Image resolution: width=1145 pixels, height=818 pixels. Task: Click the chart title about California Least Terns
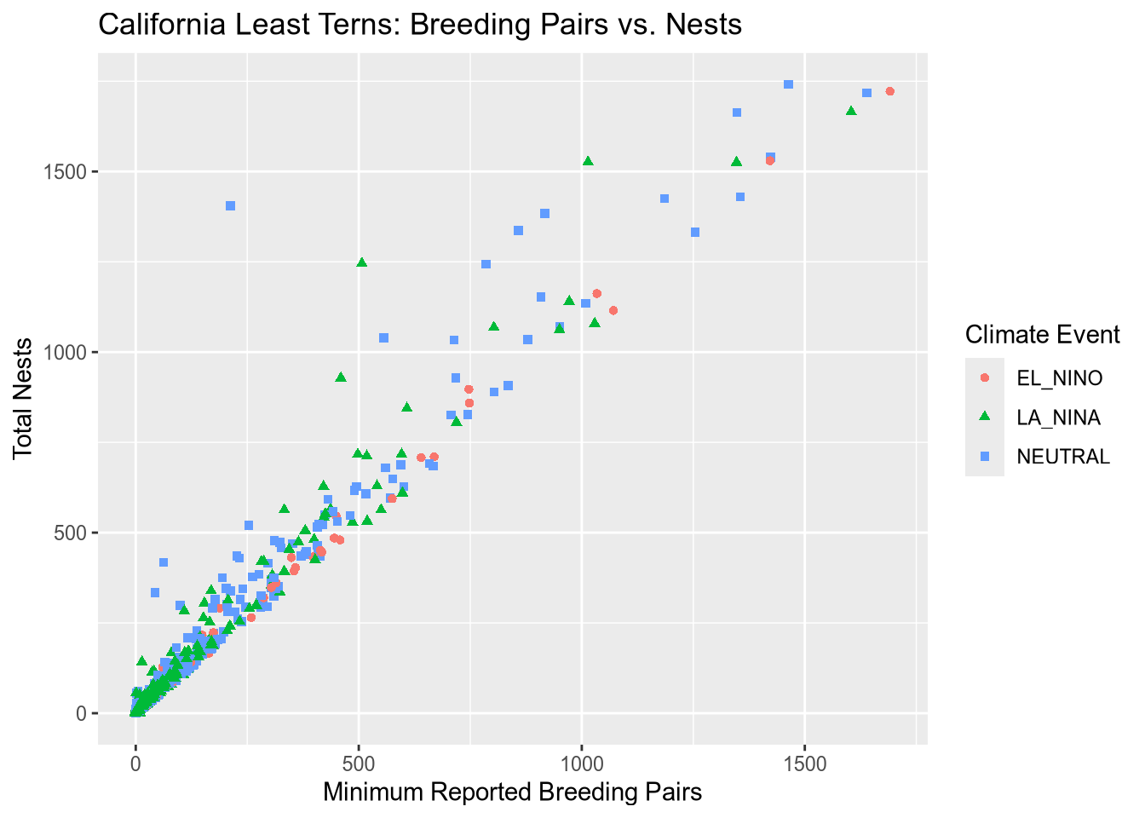(x=420, y=25)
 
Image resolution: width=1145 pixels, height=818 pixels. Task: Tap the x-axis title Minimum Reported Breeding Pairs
(x=512, y=792)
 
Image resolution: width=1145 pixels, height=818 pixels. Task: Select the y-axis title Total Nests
(x=23, y=398)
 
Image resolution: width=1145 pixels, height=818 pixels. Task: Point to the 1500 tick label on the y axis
(x=69, y=171)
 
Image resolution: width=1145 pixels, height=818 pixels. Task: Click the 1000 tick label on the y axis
(x=69, y=352)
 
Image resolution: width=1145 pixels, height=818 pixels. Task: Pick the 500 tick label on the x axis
(x=359, y=763)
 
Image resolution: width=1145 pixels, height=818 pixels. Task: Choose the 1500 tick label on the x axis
(x=805, y=763)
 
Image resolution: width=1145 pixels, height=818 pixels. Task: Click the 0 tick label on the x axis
(x=135, y=763)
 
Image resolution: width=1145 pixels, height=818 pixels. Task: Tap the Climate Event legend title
(x=1042, y=335)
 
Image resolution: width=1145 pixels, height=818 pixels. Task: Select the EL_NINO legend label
(x=1059, y=378)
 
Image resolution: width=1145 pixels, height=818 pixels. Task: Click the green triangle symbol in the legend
(x=985, y=417)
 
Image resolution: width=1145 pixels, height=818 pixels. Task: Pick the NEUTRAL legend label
(x=1063, y=457)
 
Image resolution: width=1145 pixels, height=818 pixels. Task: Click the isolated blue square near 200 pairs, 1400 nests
(x=230, y=205)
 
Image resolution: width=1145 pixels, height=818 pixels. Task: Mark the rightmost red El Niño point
(x=889, y=91)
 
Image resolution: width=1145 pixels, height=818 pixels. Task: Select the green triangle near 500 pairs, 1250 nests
(x=361, y=262)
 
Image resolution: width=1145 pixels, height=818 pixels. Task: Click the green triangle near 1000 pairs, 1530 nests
(x=587, y=161)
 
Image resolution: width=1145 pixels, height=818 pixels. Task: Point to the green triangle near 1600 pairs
(x=850, y=111)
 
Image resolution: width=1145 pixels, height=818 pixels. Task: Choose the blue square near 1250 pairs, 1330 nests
(x=694, y=232)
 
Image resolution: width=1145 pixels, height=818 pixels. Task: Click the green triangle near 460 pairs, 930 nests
(x=341, y=377)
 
